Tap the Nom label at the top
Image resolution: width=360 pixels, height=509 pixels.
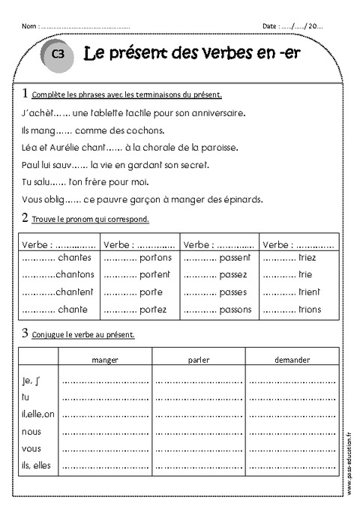point(28,26)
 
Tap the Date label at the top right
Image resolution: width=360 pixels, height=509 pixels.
point(271,26)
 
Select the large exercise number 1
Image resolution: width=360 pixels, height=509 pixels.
point(25,94)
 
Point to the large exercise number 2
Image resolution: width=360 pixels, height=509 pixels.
point(25,218)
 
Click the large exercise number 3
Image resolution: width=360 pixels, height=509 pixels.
point(25,333)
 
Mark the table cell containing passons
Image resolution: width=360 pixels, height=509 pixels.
point(220,309)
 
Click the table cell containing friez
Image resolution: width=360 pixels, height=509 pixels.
point(298,257)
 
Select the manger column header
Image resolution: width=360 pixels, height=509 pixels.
point(104,360)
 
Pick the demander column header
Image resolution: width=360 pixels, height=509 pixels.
point(292,360)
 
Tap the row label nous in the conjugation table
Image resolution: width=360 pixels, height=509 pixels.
point(31,431)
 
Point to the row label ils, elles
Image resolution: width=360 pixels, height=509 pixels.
point(36,466)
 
